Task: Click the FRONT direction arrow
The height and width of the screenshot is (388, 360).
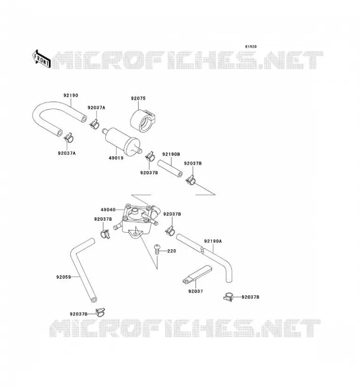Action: [42, 59]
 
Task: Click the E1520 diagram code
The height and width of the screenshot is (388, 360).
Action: [251, 47]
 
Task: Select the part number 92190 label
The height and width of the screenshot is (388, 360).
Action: [71, 95]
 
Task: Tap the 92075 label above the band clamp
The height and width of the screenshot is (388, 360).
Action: [138, 98]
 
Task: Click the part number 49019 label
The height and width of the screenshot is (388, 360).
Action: [116, 158]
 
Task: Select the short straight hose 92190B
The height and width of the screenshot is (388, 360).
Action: [170, 169]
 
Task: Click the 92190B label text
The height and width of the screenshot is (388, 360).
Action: [171, 154]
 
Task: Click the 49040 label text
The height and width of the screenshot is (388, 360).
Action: [108, 210]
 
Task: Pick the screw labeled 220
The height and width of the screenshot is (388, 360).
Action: [157, 250]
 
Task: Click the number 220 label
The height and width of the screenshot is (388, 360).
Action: [172, 251]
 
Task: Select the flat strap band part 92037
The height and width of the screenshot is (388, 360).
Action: [197, 275]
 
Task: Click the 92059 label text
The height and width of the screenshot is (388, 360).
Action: [64, 277]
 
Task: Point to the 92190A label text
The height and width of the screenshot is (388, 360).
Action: [213, 241]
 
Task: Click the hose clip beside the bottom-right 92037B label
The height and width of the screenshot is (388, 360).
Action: [229, 297]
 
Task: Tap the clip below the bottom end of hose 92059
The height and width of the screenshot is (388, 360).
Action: [100, 312]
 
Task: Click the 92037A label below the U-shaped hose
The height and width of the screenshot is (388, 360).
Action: [67, 153]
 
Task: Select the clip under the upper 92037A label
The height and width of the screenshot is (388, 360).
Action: [94, 124]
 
